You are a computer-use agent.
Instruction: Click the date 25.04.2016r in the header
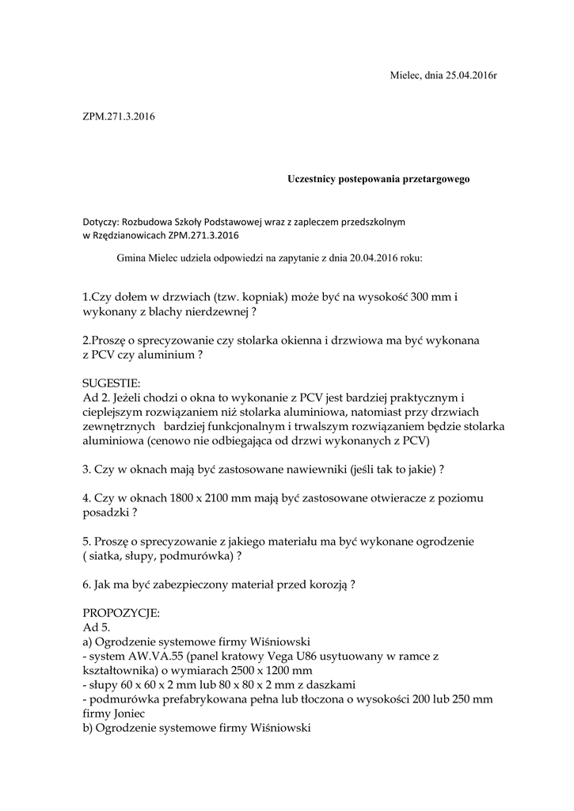pos(471,75)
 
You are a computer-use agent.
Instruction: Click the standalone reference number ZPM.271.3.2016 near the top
pos(119,117)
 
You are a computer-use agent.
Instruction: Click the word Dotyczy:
pos(101,222)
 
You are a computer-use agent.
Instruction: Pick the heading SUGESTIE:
pos(111,383)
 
